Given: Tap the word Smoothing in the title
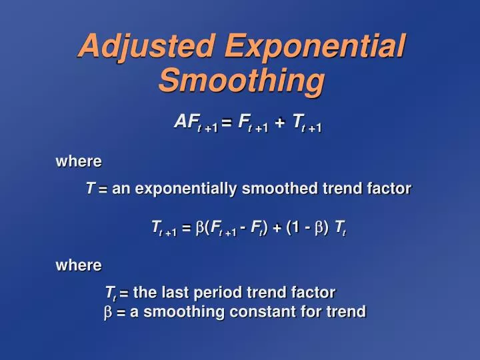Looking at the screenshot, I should (241, 81).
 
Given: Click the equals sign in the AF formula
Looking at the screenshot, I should (226, 123).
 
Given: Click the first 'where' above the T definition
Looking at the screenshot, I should (78, 161).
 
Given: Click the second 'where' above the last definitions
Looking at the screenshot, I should (78, 265).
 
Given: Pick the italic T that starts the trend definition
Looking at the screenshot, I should (90, 189).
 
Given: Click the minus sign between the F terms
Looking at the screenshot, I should (245, 228).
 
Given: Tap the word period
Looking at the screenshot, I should (218, 293).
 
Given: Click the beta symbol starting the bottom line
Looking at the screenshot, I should (109, 312).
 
